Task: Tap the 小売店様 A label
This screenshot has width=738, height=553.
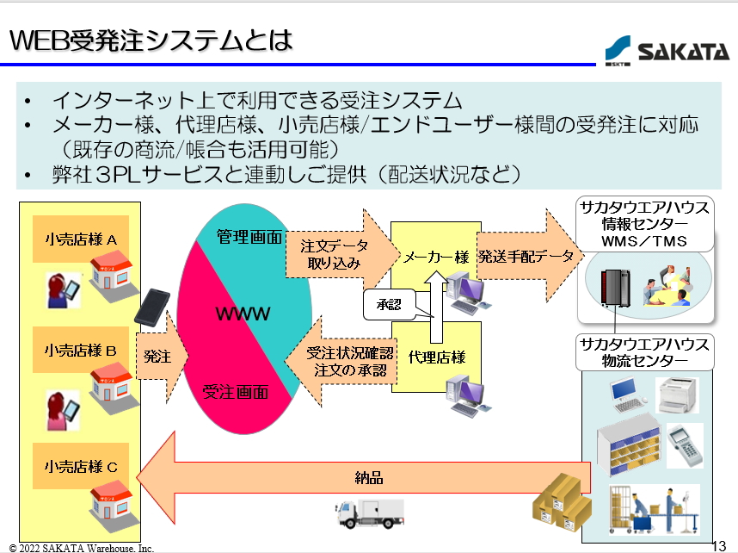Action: tap(81, 239)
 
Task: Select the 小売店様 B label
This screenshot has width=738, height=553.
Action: tap(81, 351)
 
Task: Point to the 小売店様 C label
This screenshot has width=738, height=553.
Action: tap(81, 466)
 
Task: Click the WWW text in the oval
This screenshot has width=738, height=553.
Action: tap(243, 313)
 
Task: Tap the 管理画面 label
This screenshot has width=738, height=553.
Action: tap(249, 237)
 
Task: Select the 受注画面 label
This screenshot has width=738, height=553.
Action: tap(236, 392)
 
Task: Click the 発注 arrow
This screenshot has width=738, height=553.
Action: tap(158, 355)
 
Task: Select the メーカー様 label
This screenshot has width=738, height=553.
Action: tap(436, 256)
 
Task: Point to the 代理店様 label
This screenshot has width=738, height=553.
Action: tap(436, 356)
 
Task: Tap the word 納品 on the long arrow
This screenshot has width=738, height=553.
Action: tap(368, 476)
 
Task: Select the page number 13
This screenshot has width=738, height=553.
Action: tap(720, 544)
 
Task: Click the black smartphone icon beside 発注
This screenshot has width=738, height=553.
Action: tap(151, 307)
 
